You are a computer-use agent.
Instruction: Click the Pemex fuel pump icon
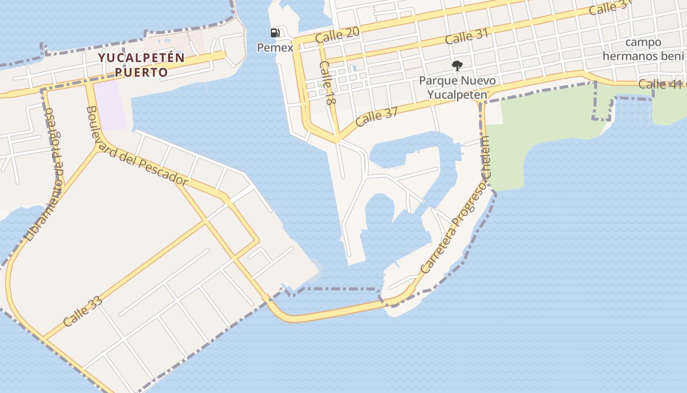pyautogui.click(x=275, y=33)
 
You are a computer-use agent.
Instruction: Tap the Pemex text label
pyautogui.click(x=275, y=48)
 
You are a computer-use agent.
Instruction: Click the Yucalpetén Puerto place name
pyautogui.click(x=141, y=65)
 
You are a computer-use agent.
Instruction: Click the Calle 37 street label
pyautogui.click(x=377, y=116)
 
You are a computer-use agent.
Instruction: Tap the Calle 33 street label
pyautogui.click(x=83, y=311)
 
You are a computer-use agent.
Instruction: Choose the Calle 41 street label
pyautogui.click(x=661, y=84)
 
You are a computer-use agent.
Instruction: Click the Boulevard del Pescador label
pyautogui.click(x=137, y=146)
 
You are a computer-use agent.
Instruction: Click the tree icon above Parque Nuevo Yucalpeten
pyautogui.click(x=457, y=65)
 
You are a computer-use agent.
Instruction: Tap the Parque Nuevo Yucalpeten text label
pyautogui.click(x=457, y=87)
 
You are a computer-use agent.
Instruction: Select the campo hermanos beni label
pyautogui.click(x=643, y=49)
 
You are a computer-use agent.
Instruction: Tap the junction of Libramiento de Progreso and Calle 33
pyautogui.click(x=43, y=338)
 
